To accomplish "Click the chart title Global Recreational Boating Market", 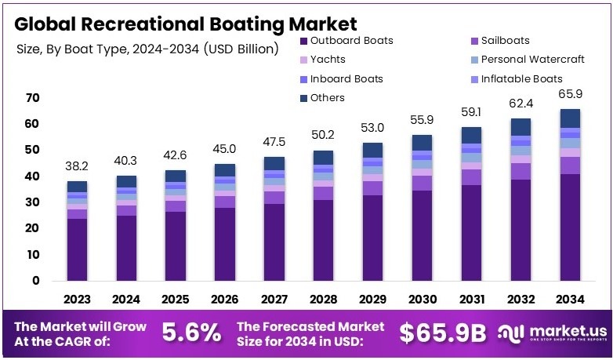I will (x=185, y=24).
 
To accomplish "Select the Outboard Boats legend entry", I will (x=350, y=40).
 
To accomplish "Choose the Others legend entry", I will (x=327, y=98).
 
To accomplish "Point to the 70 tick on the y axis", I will (x=31, y=98).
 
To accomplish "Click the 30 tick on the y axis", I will (x=31, y=202).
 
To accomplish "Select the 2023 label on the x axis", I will (x=78, y=299).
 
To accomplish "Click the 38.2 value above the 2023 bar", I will (x=78, y=167).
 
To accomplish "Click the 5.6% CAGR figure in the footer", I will (x=191, y=333).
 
